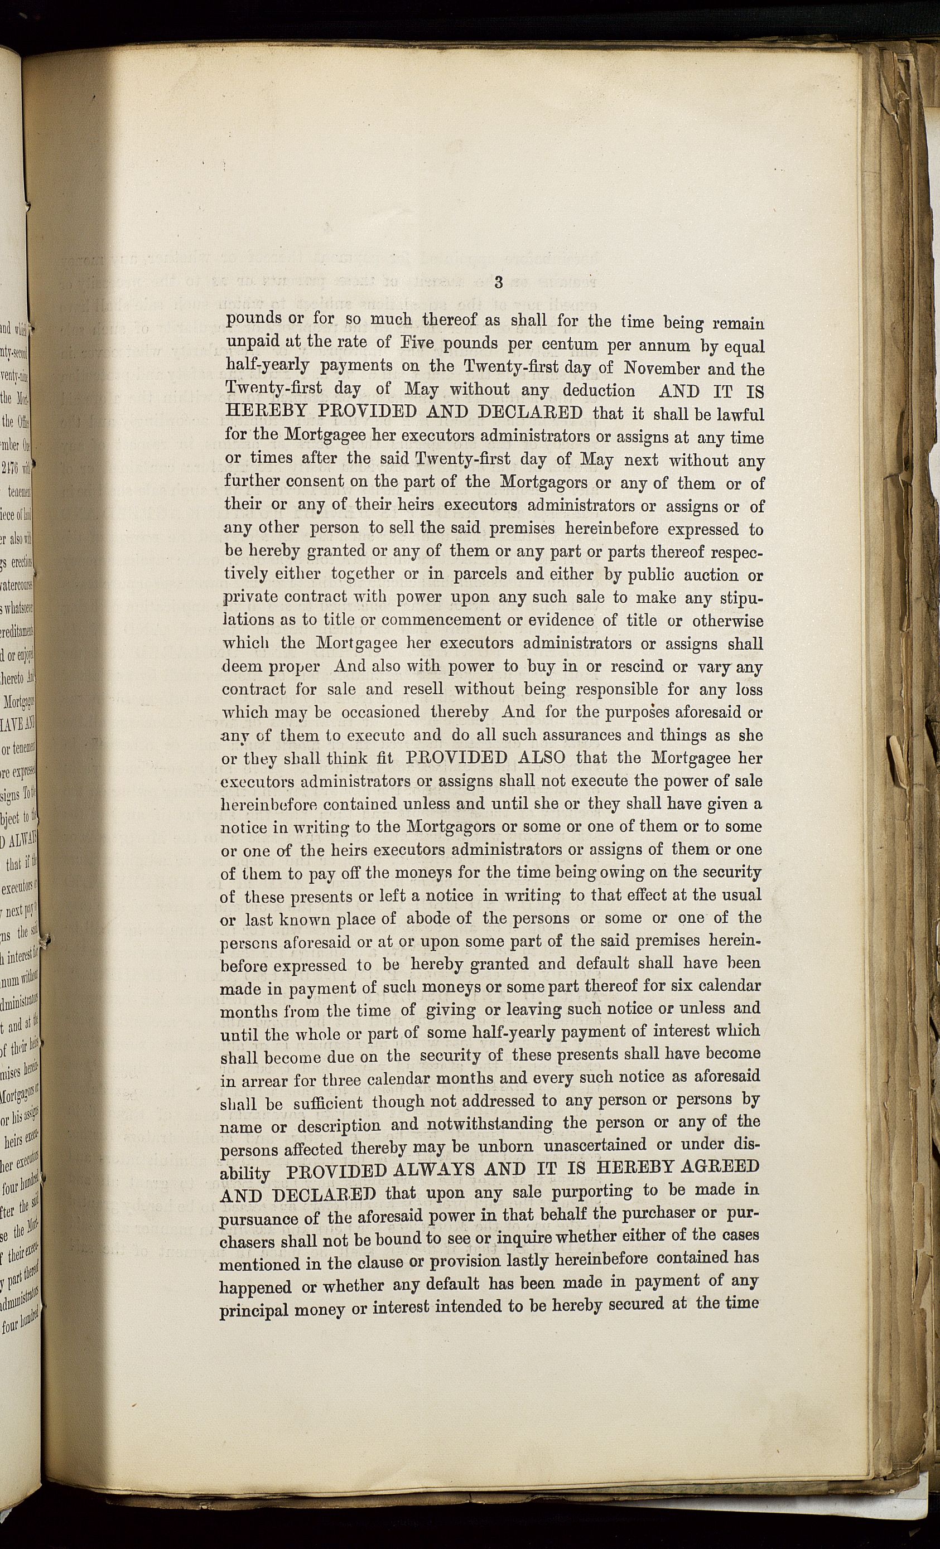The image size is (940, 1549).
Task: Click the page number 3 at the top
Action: (499, 282)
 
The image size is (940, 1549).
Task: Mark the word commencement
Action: (441, 621)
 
